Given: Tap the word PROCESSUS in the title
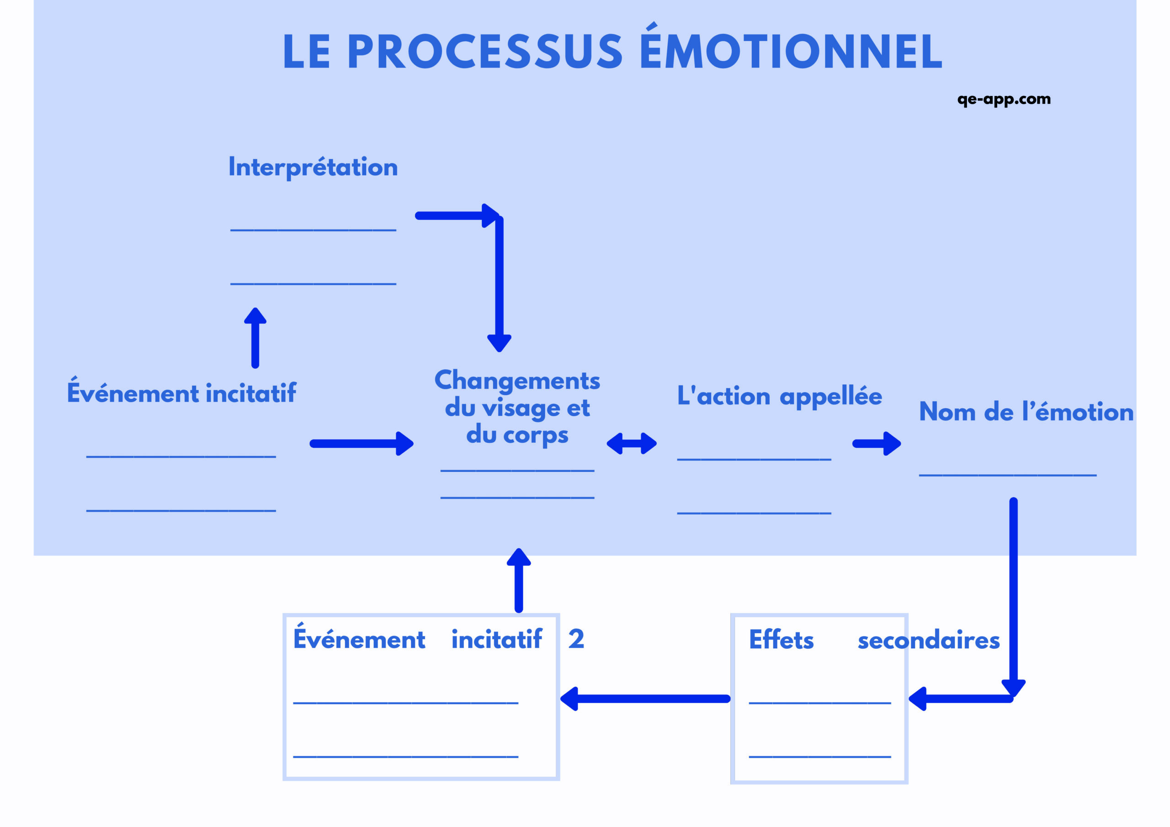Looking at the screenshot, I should [x=487, y=52].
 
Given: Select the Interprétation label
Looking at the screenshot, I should [x=313, y=167].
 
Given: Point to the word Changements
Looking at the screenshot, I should [x=517, y=381].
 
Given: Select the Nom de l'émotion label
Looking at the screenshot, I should [x=1026, y=412].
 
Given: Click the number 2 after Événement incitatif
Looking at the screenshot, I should [x=576, y=639].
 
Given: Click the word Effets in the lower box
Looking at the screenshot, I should [x=781, y=640].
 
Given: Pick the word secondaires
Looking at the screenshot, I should [x=928, y=641].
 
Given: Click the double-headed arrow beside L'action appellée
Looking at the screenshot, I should [x=631, y=443].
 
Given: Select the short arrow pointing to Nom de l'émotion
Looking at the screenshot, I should [x=876, y=443].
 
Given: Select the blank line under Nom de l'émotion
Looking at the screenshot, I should [x=1007, y=475].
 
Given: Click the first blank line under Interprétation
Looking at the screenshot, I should [x=313, y=230].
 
